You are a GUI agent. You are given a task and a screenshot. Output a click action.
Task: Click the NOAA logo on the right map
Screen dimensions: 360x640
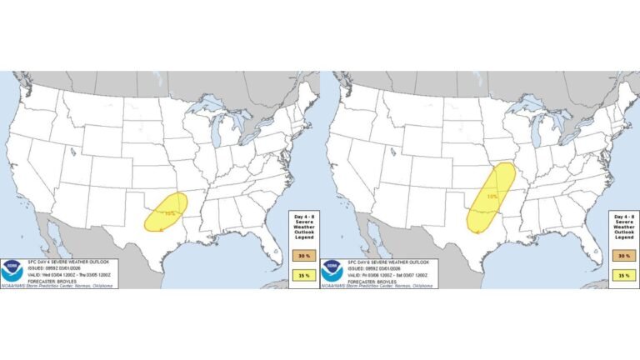(x=332, y=269)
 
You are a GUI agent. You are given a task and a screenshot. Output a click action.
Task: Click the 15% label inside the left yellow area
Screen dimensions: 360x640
(x=170, y=213)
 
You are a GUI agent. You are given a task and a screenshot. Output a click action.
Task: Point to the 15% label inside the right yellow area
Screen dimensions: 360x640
(x=492, y=197)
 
